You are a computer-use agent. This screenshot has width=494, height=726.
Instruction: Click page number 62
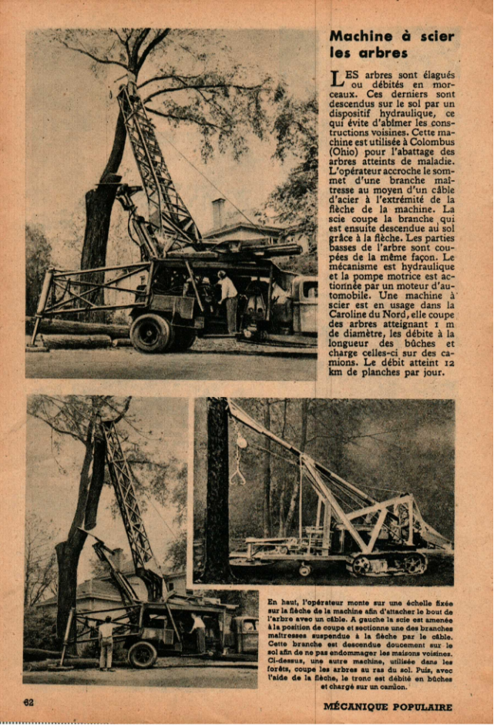[x=29, y=702]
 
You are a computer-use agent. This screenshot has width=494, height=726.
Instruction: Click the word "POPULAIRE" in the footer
[x=422, y=707]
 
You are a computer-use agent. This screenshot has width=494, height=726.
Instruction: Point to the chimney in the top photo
[x=218, y=213]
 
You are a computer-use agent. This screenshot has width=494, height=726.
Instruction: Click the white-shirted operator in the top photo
[x=227, y=297]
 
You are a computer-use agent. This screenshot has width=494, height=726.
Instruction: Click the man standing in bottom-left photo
[x=106, y=642]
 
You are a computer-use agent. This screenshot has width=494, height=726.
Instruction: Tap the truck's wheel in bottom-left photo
[x=142, y=654]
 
